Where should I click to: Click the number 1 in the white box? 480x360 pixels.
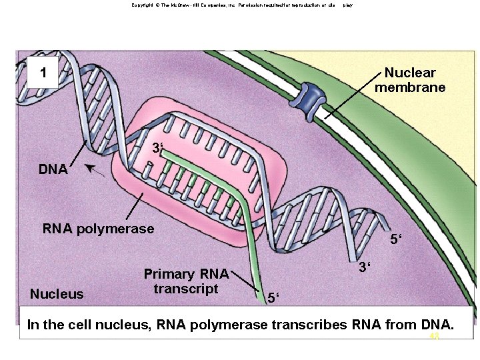coord(43,72)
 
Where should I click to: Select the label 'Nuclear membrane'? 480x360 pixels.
coord(410,80)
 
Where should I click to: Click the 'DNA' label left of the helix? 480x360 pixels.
coord(53,169)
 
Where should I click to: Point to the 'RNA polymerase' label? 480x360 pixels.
coord(98,229)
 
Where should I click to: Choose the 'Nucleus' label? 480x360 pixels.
coord(57,294)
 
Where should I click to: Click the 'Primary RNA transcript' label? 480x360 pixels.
coord(186,281)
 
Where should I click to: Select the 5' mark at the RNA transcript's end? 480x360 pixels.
coord(273,297)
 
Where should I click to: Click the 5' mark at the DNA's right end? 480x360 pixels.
coord(396,239)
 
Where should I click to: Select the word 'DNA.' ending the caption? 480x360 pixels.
coord(437,325)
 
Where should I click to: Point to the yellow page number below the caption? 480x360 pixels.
coord(435,337)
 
